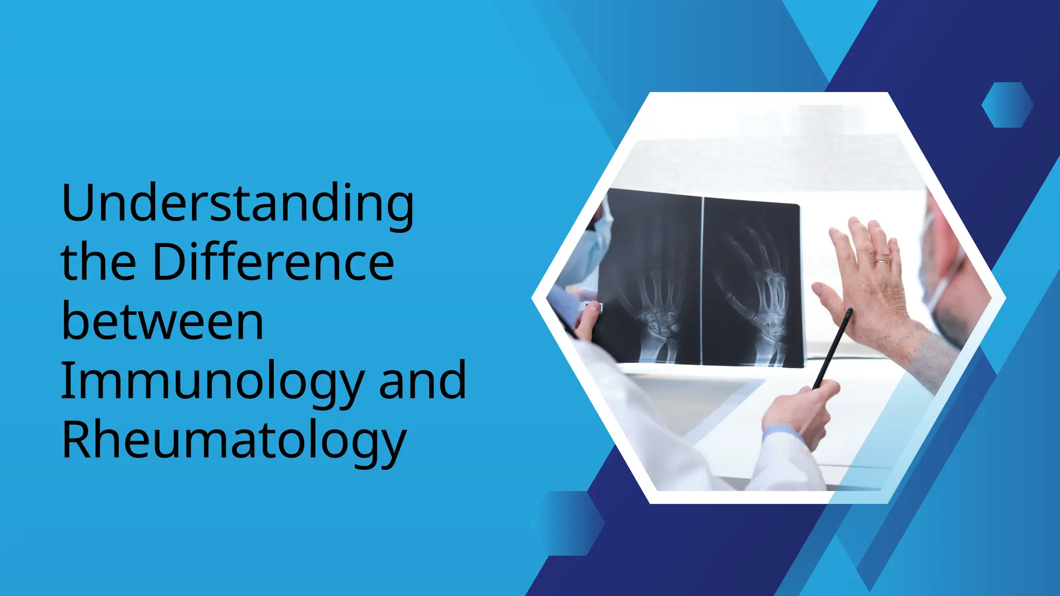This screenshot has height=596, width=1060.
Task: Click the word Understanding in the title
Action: coord(237,203)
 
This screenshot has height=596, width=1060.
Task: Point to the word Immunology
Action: coord(213,382)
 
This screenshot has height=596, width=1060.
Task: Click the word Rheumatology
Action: coord(234,441)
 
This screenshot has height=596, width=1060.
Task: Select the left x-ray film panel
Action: coord(651,277)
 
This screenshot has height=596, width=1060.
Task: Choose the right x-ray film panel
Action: coord(752,284)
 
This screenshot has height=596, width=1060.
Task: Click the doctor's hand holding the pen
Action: coord(800,411)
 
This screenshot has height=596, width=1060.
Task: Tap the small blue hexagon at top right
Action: coord(1007,105)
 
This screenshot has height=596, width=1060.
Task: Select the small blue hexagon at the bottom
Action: coord(568,523)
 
